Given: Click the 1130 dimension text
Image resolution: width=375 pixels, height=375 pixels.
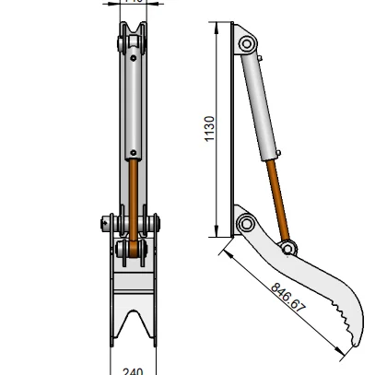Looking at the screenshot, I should coord(210,133).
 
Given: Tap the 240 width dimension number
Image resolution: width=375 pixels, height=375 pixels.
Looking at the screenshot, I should coord(134,370).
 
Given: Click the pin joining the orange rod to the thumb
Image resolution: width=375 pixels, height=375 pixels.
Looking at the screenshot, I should coord(289,247).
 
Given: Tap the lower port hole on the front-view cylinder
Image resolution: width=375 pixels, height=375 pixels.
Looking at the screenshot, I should coord(135,151).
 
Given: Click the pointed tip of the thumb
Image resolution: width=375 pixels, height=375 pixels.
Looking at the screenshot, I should coord(354,347).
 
